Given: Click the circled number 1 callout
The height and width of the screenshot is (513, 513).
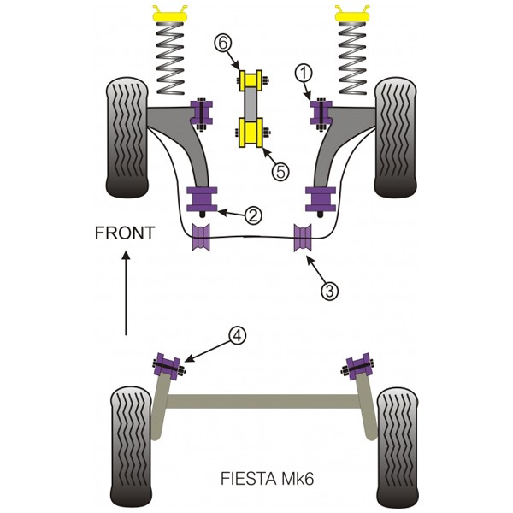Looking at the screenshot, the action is (x=304, y=74).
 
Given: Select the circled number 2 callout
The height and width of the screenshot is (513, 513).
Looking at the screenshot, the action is (x=254, y=215).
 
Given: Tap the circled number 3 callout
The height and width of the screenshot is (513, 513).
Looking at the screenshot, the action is (x=329, y=290).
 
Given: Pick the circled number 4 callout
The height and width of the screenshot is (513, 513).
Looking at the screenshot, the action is (x=238, y=335).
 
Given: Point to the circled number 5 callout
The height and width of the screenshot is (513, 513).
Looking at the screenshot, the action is (x=280, y=171).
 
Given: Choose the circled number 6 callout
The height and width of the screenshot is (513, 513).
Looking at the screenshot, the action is (x=223, y=43).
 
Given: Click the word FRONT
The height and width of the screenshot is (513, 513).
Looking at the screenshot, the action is (x=125, y=233).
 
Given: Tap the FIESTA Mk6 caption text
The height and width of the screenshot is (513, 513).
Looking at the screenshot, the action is (x=268, y=479).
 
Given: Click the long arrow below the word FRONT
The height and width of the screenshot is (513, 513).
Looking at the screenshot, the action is (x=126, y=292).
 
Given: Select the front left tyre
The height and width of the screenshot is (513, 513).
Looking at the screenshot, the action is (x=127, y=138).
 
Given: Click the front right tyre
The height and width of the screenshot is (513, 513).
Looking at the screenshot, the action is (x=396, y=138).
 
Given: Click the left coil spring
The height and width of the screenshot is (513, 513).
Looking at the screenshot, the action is (x=170, y=58).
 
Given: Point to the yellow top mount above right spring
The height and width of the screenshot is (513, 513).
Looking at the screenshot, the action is (x=351, y=13).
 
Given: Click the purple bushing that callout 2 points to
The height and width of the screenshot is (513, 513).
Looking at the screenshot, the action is (x=202, y=199).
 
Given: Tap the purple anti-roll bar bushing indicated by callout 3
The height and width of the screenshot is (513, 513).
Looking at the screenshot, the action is (x=303, y=238).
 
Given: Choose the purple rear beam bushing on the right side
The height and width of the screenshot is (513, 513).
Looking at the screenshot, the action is (x=358, y=367).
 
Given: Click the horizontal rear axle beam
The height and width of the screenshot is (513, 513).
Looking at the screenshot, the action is (x=263, y=401).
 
